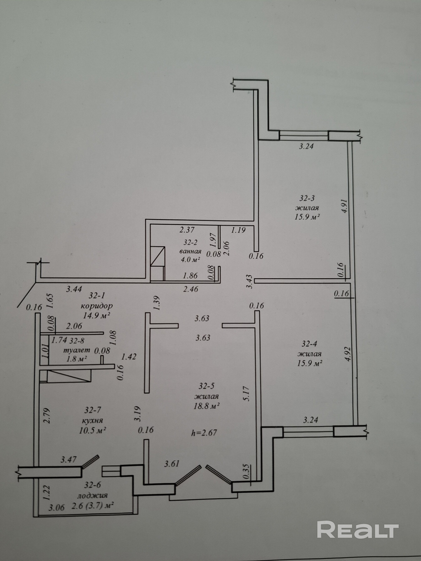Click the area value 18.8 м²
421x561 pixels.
click(207, 406)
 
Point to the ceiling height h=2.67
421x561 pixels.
click(204, 433)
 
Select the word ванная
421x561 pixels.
click(190, 251)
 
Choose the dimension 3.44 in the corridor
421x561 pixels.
click(74, 289)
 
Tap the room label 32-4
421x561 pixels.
click(310, 344)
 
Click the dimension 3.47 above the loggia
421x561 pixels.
click(69, 459)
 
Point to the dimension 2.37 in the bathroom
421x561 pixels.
click(187, 230)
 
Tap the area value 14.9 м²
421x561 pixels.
click(97, 315)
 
